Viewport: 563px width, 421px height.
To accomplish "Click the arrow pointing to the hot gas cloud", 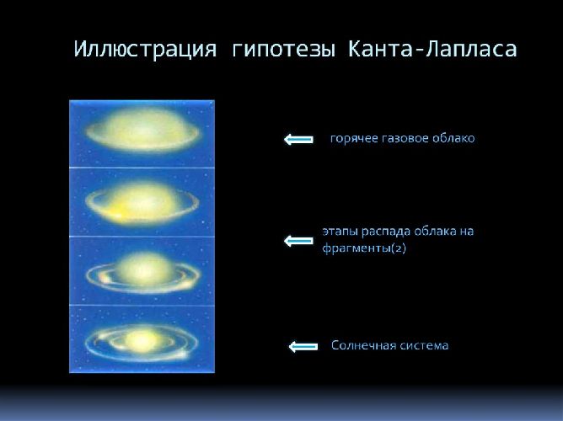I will click(x=298, y=139).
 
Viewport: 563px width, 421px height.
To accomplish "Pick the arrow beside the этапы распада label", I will click(x=298, y=241).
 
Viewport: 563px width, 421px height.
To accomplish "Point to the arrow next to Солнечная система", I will click(x=303, y=346).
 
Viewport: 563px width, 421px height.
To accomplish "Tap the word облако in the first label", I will click(x=453, y=138).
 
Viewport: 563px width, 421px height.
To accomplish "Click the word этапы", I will click(x=339, y=231).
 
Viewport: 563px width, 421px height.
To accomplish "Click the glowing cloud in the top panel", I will click(x=142, y=133).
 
